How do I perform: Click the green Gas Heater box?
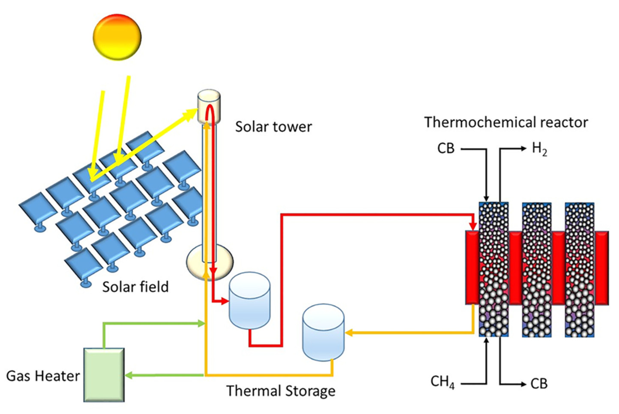coord(104,375)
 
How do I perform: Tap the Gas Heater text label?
coord(43,376)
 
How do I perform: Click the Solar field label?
coord(135,287)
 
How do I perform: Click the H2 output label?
coord(539,149)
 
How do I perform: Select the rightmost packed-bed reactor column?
coord(580,269)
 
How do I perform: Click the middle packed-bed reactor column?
coord(537,269)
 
